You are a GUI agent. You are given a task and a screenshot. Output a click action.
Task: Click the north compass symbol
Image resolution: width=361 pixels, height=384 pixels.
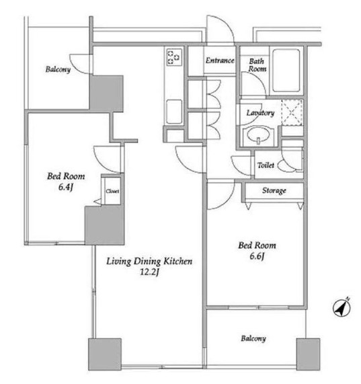coord(342,307)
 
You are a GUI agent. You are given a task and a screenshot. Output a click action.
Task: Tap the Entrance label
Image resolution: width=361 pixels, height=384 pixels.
coord(220,61)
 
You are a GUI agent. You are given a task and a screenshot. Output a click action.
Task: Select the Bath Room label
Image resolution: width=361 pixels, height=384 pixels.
coord(257,65)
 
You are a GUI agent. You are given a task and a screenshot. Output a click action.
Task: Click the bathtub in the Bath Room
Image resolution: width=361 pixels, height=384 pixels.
coord(286,71)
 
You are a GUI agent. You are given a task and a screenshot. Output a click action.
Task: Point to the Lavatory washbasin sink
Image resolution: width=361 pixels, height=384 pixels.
coord(258,135)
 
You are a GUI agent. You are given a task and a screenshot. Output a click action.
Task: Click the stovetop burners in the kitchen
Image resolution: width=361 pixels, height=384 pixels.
coord(174,57)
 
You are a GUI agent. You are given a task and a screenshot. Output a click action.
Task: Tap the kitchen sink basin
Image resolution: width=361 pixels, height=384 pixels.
coord(174,112)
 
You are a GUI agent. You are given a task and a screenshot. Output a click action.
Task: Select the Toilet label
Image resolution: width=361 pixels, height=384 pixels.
coord(266,165)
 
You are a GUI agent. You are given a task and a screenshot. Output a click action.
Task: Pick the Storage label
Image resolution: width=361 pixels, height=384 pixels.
coord(274,190)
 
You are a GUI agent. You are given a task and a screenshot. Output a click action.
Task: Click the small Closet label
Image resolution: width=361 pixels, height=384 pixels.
coord(112,191)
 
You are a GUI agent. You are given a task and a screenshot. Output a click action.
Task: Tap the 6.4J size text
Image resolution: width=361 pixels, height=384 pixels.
coord(66,188)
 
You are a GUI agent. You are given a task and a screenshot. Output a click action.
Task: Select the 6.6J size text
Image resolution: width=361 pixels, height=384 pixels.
coord(257,256)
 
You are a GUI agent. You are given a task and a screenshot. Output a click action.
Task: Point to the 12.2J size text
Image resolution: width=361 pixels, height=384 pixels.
coord(149,272)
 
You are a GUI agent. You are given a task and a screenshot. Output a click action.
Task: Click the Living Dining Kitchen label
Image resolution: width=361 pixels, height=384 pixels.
coord(149,262)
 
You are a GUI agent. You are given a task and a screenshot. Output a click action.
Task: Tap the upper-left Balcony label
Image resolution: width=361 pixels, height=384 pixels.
coord(58,69)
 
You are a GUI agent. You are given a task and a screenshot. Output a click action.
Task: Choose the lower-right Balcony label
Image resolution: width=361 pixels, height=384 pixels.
coord(253,338)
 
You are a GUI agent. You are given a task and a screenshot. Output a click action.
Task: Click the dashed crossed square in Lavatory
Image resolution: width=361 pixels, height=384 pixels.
coord(292,112)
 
